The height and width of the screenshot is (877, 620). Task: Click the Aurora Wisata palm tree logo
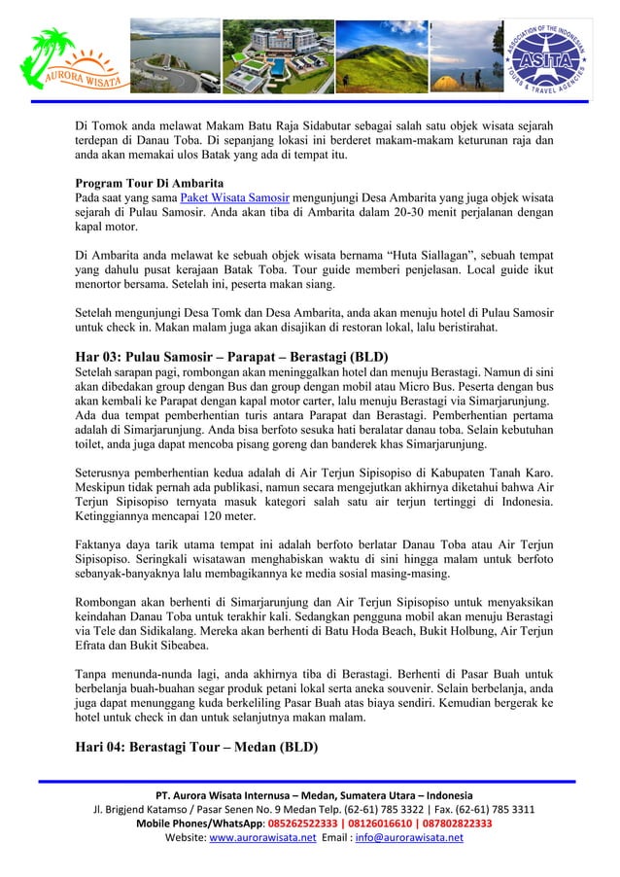coord(70,58)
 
